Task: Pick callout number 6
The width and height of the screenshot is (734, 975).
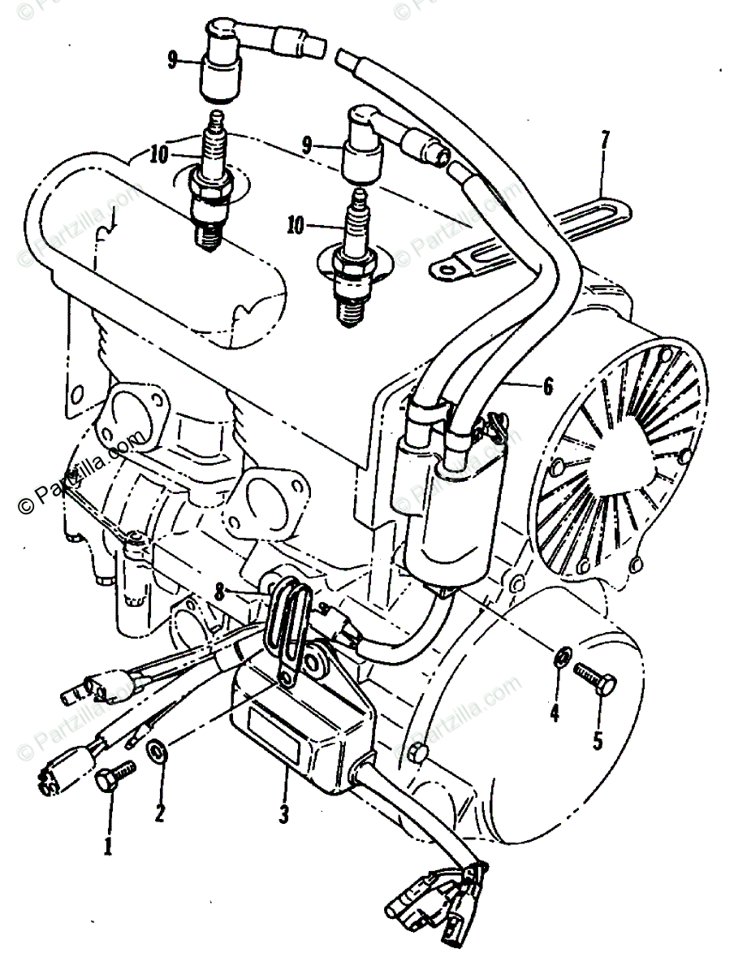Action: pyautogui.click(x=548, y=388)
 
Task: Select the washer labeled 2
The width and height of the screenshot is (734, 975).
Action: pyautogui.click(x=158, y=752)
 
